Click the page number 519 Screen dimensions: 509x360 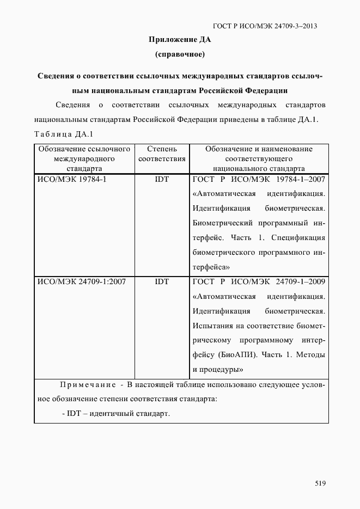point(320,483)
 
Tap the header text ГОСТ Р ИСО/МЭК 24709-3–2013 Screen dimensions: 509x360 point(265,26)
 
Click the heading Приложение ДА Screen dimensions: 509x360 point(180,40)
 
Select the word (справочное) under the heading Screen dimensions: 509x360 point(180,54)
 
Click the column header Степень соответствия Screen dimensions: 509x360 point(162,154)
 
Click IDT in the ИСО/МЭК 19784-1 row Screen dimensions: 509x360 point(162,179)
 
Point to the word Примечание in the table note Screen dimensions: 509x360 point(88,385)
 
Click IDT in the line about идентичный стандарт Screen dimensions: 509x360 point(74,413)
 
